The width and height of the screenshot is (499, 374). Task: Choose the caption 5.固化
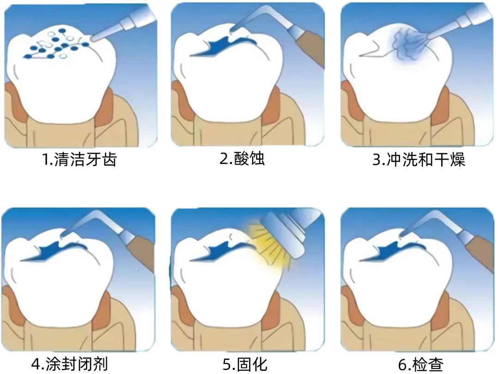pyautogui.click(x=245, y=364)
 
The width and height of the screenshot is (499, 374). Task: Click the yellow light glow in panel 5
pyautogui.click(x=266, y=240)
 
